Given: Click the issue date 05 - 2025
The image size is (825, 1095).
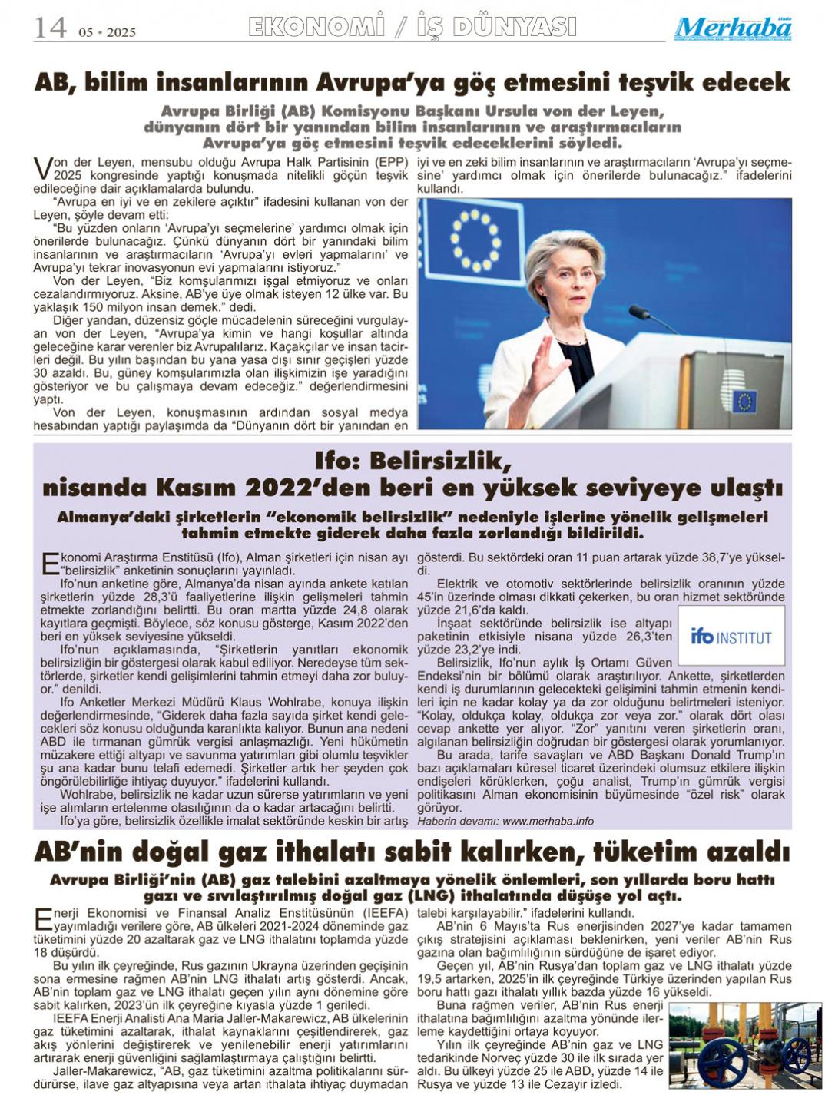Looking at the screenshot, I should tap(107, 32).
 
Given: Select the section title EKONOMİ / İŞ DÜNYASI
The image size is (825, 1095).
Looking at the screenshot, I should tap(412, 28).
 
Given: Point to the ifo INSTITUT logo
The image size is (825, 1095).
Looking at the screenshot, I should tap(731, 636).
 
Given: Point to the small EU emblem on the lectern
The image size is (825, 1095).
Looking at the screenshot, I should tap(743, 401).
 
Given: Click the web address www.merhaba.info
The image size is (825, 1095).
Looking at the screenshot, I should tap(548, 821).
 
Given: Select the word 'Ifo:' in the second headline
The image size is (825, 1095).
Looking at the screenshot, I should tap(338, 461).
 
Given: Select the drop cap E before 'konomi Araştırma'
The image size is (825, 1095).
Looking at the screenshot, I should tap(49, 563).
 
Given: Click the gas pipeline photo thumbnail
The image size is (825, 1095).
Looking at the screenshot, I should tap(744, 1046).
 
